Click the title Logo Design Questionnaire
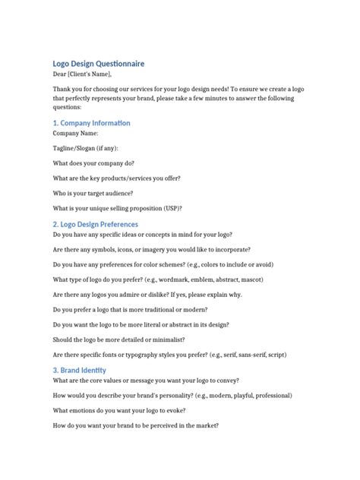[98, 64]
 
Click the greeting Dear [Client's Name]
[82, 74]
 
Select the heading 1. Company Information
[91, 122]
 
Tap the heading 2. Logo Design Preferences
[95, 224]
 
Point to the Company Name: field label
[75, 133]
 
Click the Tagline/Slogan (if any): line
[85, 148]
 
